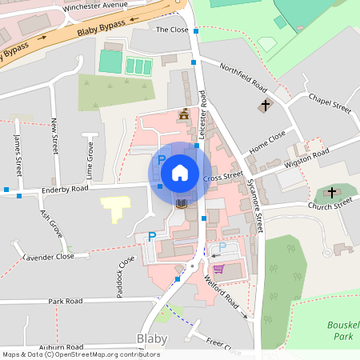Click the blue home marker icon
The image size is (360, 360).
pos(180,172)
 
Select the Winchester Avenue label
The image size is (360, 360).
pos(95,5)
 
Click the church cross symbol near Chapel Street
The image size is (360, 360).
pos(266,105)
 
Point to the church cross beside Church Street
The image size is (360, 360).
pos(330,193)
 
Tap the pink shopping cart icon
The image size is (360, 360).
pos(218,269)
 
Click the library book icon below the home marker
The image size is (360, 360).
pos(182,205)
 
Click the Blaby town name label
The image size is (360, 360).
pos(152,338)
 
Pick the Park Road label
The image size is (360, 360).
pos(65,302)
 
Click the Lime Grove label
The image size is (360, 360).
pos(90,160)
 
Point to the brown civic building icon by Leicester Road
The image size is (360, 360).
pos(185,114)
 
